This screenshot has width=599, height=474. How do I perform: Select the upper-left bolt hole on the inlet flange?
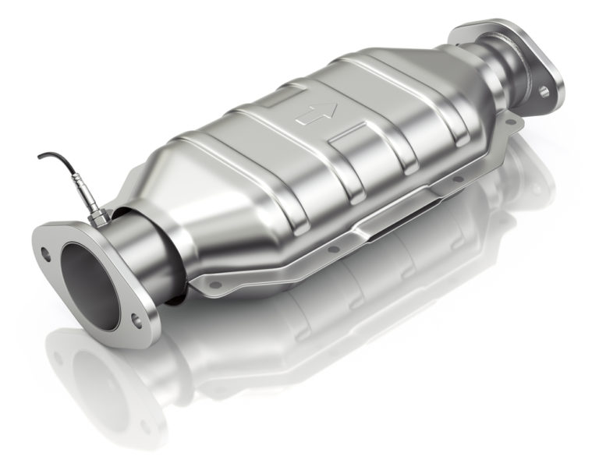(46, 252)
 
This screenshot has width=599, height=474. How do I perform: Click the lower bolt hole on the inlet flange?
(136, 318)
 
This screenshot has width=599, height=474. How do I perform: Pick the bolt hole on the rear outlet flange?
(544, 91)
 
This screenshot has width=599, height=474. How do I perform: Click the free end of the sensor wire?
(39, 157)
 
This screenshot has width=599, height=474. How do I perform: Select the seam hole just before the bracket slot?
(336, 249)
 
